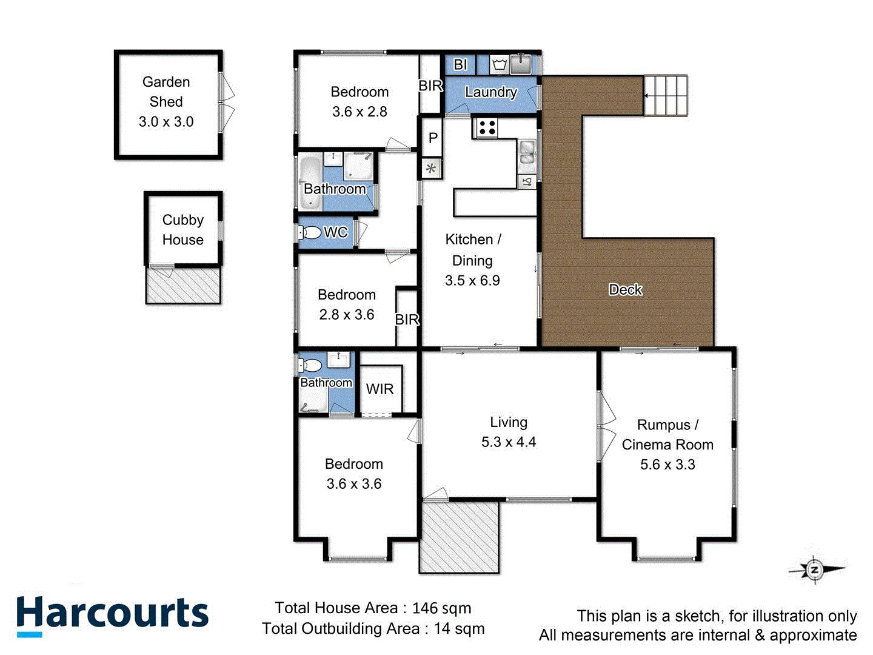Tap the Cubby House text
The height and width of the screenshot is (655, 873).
click(x=182, y=230)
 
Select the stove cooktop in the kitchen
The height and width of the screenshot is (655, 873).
click(x=486, y=127)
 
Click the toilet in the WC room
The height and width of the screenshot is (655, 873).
click(x=311, y=232)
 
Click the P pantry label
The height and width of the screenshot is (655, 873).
click(x=433, y=138)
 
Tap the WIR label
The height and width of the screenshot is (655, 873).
click(x=380, y=389)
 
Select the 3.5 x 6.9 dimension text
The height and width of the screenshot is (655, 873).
click(x=472, y=281)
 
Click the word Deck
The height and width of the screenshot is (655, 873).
click(x=625, y=290)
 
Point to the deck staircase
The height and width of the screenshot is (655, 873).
click(x=665, y=95)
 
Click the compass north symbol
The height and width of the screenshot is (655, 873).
click(x=815, y=569)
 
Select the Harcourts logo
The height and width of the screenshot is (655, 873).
click(x=113, y=615)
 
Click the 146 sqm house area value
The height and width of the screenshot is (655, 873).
click(x=441, y=608)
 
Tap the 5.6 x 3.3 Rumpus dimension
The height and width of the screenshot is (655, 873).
click(x=667, y=465)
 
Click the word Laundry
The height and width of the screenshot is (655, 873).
click(x=491, y=92)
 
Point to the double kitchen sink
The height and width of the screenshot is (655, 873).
click(x=527, y=153)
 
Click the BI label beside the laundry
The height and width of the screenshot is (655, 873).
click(x=460, y=64)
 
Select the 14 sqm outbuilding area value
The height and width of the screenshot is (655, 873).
click(x=459, y=629)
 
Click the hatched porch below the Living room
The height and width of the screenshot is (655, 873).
click(x=459, y=537)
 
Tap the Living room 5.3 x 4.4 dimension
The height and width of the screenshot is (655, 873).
click(x=509, y=442)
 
